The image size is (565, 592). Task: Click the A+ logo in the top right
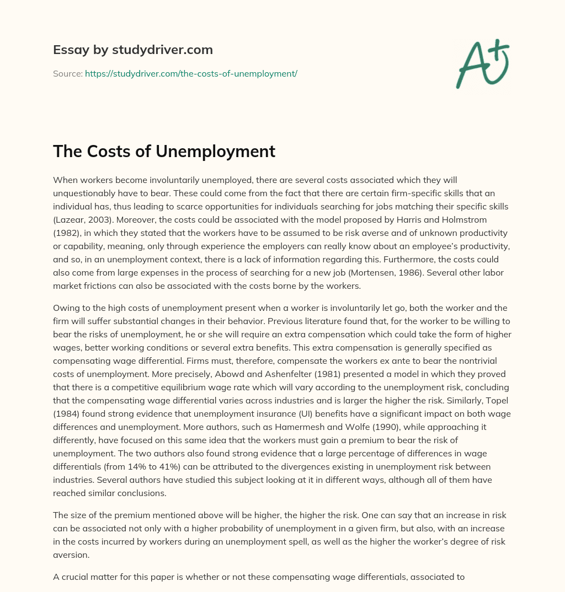[x=482, y=64]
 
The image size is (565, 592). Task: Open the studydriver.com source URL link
[x=191, y=73]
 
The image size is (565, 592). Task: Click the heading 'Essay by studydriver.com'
[x=133, y=50]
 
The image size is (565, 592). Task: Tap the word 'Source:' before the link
[x=67, y=73]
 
